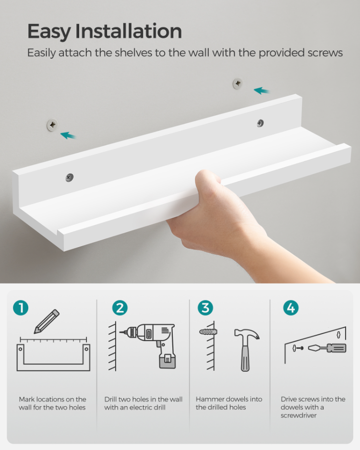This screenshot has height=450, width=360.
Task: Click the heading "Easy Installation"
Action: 104,31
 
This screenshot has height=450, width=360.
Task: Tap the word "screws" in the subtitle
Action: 325,53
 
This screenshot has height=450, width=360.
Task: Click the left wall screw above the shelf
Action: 52,125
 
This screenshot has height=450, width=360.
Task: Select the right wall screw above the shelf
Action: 238,83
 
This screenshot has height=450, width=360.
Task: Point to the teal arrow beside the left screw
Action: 68,135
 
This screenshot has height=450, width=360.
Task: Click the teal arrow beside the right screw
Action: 262,90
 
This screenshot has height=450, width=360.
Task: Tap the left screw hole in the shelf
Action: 70,178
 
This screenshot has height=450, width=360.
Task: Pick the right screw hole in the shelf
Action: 260,123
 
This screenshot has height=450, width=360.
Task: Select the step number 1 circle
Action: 21,308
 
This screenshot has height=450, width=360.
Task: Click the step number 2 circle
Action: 120,308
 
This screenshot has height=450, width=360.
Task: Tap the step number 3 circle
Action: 205,308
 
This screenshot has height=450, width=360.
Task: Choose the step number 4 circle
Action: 291,308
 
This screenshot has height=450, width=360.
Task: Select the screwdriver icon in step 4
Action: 326,348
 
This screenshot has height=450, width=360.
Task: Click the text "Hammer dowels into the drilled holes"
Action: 228,403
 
